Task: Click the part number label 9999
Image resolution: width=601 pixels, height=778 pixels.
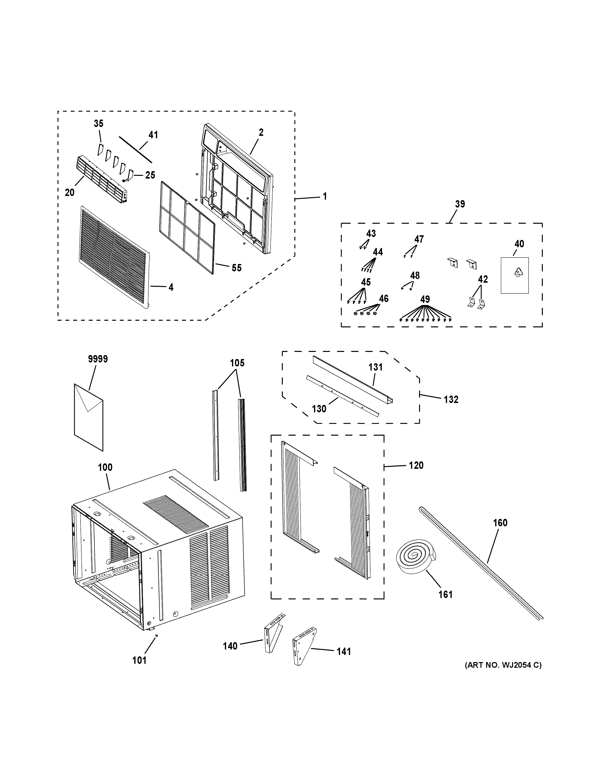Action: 98,359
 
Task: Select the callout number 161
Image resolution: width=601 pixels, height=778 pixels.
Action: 445,594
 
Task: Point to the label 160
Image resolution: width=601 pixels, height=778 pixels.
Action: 500,523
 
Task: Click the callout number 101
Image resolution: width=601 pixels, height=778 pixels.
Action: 139,660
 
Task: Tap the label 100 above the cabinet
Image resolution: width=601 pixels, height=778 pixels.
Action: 105,467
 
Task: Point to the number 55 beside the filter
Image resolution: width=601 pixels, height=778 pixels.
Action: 236,268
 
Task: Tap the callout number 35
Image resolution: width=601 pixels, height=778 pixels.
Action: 99,124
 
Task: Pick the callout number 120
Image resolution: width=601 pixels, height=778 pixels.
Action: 416,465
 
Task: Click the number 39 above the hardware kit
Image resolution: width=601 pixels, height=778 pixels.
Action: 460,204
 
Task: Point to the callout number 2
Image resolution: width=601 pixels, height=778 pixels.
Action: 261,133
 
